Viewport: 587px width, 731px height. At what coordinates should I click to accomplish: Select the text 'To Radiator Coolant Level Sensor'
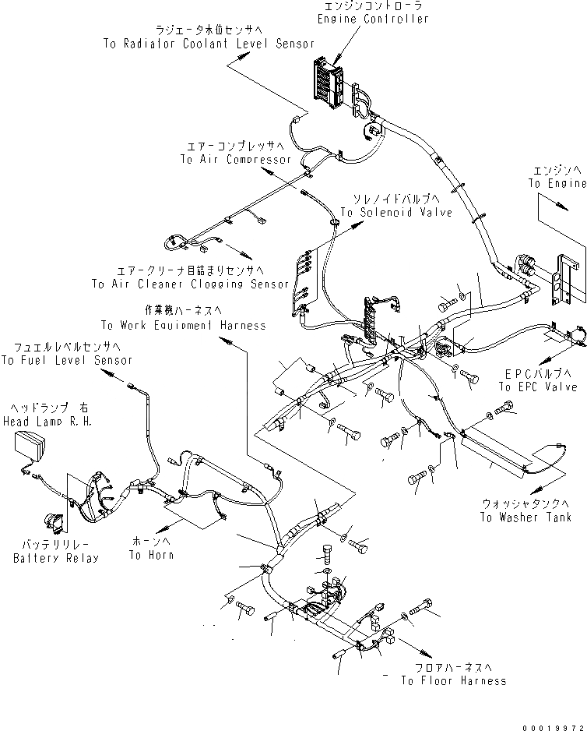pyautogui.click(x=209, y=44)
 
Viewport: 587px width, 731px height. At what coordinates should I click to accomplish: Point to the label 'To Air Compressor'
pyautogui.click(x=235, y=159)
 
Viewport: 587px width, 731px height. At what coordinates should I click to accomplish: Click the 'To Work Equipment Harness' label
pyautogui.click(x=183, y=324)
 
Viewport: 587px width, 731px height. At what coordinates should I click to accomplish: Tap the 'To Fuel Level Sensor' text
pyautogui.click(x=66, y=360)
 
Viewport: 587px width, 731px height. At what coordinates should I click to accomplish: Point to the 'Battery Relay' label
pyautogui.click(x=56, y=558)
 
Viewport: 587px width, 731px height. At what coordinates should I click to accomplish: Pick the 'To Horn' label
pyautogui.click(x=151, y=555)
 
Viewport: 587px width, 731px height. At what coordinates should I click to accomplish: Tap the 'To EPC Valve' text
pyautogui.click(x=539, y=387)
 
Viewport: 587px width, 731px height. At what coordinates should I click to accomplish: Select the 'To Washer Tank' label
pyautogui.click(x=525, y=517)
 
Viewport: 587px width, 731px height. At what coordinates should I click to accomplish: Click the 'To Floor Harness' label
pyautogui.click(x=454, y=680)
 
